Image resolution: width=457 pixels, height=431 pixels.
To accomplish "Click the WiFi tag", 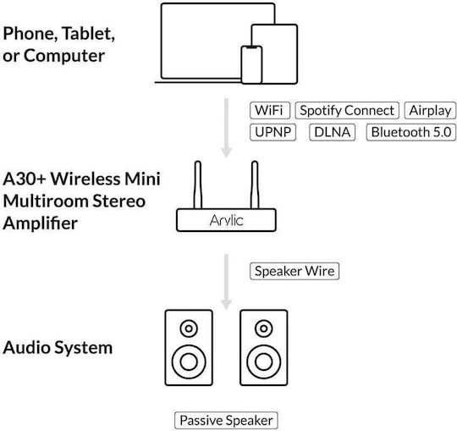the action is coord(270,111).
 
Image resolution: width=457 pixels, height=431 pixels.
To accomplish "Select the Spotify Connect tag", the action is coord(347,111).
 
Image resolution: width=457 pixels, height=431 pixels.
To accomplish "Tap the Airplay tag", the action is coord(430,111).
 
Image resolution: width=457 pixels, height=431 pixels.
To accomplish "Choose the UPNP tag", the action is coord(273,132).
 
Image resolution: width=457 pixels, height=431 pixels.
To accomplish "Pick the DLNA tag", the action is coord(333,132).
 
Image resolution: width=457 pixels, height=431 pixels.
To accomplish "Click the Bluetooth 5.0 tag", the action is coord(411,132).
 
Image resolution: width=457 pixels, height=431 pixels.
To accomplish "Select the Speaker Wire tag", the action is coord(295,271).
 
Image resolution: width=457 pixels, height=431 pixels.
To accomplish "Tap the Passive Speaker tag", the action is coord(226,421).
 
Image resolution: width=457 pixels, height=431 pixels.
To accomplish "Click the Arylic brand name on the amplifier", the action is coord(226,220).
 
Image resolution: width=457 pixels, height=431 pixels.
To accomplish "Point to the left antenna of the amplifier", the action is coord(197,185).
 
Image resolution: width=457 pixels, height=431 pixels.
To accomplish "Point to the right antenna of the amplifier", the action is coord(255,185).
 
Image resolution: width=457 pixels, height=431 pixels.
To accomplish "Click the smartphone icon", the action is coord(251,64).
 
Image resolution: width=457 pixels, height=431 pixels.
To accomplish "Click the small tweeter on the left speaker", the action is coord(189,329).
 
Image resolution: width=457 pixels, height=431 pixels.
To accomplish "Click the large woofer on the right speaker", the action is coord(264,362).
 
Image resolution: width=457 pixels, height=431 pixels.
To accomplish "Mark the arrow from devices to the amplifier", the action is coord(226,128).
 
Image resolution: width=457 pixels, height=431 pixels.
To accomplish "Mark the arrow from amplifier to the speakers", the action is coord(226,282).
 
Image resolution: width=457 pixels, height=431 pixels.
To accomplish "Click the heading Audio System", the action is coord(58,348).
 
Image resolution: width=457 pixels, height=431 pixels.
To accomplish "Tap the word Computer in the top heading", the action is coord(64,55).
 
